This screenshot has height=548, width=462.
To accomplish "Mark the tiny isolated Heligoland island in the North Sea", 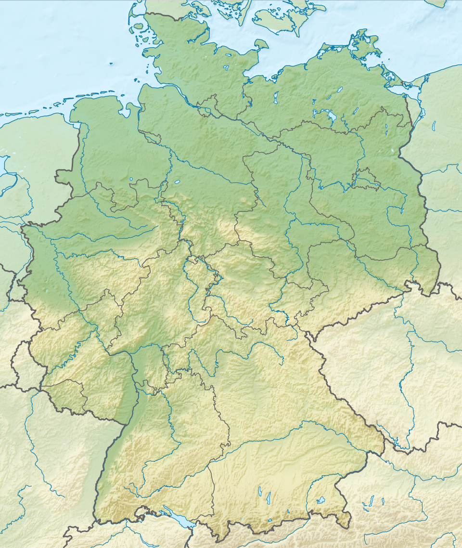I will pos(111,63).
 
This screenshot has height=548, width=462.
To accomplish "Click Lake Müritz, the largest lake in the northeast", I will pos(331,117).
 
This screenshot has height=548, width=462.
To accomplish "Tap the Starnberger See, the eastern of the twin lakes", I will pos(269,496).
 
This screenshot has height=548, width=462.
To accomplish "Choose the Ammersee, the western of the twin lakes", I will pos(260,492).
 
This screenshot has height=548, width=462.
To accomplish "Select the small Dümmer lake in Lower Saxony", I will pos(131,180).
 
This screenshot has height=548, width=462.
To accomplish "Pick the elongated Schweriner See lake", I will pos(277,98).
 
